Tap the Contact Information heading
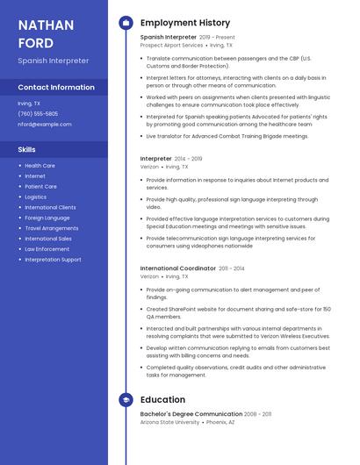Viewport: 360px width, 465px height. pyautogui.click(x=56, y=87)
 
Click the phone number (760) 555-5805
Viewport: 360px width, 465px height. pyautogui.click(x=38, y=113)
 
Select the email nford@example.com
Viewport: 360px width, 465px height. pyautogui.click(x=45, y=124)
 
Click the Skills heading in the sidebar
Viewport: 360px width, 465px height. pyautogui.click(x=26, y=149)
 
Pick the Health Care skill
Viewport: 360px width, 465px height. pyautogui.click(x=40, y=165)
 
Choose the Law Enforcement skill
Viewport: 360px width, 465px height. pyautogui.click(x=47, y=249)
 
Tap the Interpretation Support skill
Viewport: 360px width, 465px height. pyautogui.click(x=53, y=260)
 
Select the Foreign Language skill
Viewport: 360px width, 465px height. pyautogui.click(x=47, y=218)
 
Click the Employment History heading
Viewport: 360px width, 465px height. pyautogui.click(x=185, y=23)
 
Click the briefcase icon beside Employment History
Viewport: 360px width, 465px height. pyautogui.click(x=126, y=23)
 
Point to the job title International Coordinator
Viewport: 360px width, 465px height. pyautogui.click(x=177, y=268)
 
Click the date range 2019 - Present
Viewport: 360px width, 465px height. pyautogui.click(x=218, y=38)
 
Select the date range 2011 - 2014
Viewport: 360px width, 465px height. pyautogui.click(x=232, y=268)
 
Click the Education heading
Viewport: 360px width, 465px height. pyautogui.click(x=162, y=399)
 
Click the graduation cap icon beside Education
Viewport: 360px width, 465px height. pyautogui.click(x=126, y=399)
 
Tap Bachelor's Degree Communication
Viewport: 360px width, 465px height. pyautogui.click(x=191, y=414)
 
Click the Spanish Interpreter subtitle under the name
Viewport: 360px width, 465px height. pyautogui.click(x=53, y=61)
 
